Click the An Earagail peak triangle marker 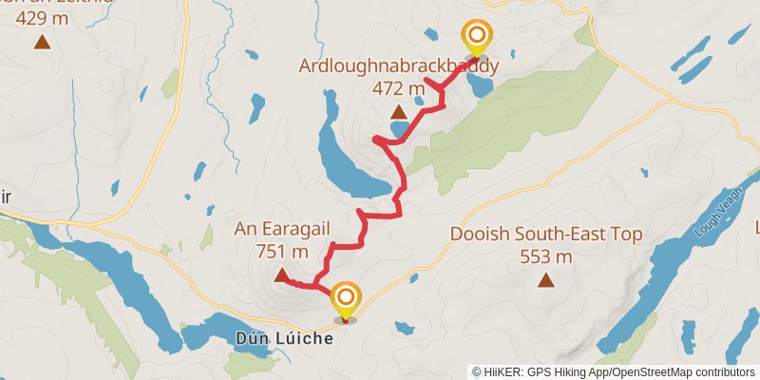(281, 276)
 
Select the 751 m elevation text (282, 252)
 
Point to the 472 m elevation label (398, 89)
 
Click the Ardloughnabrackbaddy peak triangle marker (398, 113)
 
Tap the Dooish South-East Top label (546, 234)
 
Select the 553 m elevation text (546, 256)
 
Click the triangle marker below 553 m (545, 279)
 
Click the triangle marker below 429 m (42, 41)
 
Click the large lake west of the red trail (343, 161)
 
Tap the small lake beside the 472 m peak (400, 128)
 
